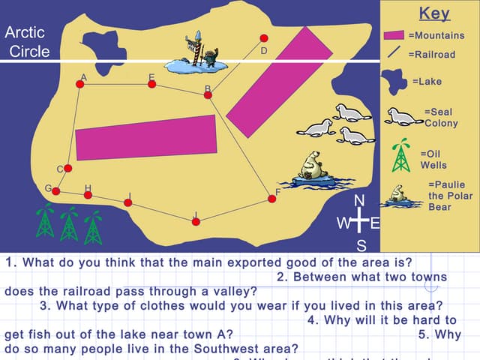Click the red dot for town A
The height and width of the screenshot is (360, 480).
(x=80, y=84)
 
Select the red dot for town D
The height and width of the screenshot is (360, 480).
(x=263, y=37)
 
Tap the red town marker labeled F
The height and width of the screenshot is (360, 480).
(x=271, y=199)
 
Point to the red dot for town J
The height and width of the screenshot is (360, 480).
(x=196, y=221)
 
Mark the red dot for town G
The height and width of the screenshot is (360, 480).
(x=55, y=191)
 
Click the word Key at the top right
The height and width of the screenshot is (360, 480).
(x=433, y=13)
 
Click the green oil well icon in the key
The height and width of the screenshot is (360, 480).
(x=402, y=156)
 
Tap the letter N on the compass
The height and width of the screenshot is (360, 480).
(x=359, y=200)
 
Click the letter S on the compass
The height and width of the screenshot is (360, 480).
(x=361, y=245)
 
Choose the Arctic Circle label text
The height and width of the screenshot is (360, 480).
(x=27, y=42)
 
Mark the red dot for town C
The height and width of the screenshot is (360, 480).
(x=67, y=168)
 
